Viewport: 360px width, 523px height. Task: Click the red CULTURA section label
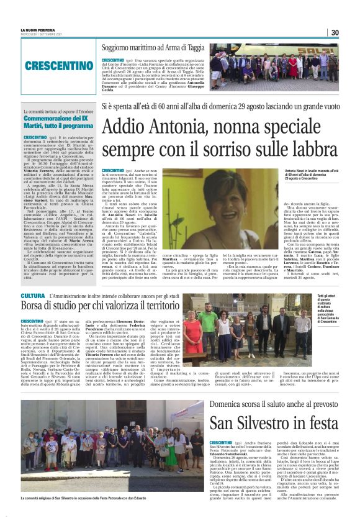pos(32,296)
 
